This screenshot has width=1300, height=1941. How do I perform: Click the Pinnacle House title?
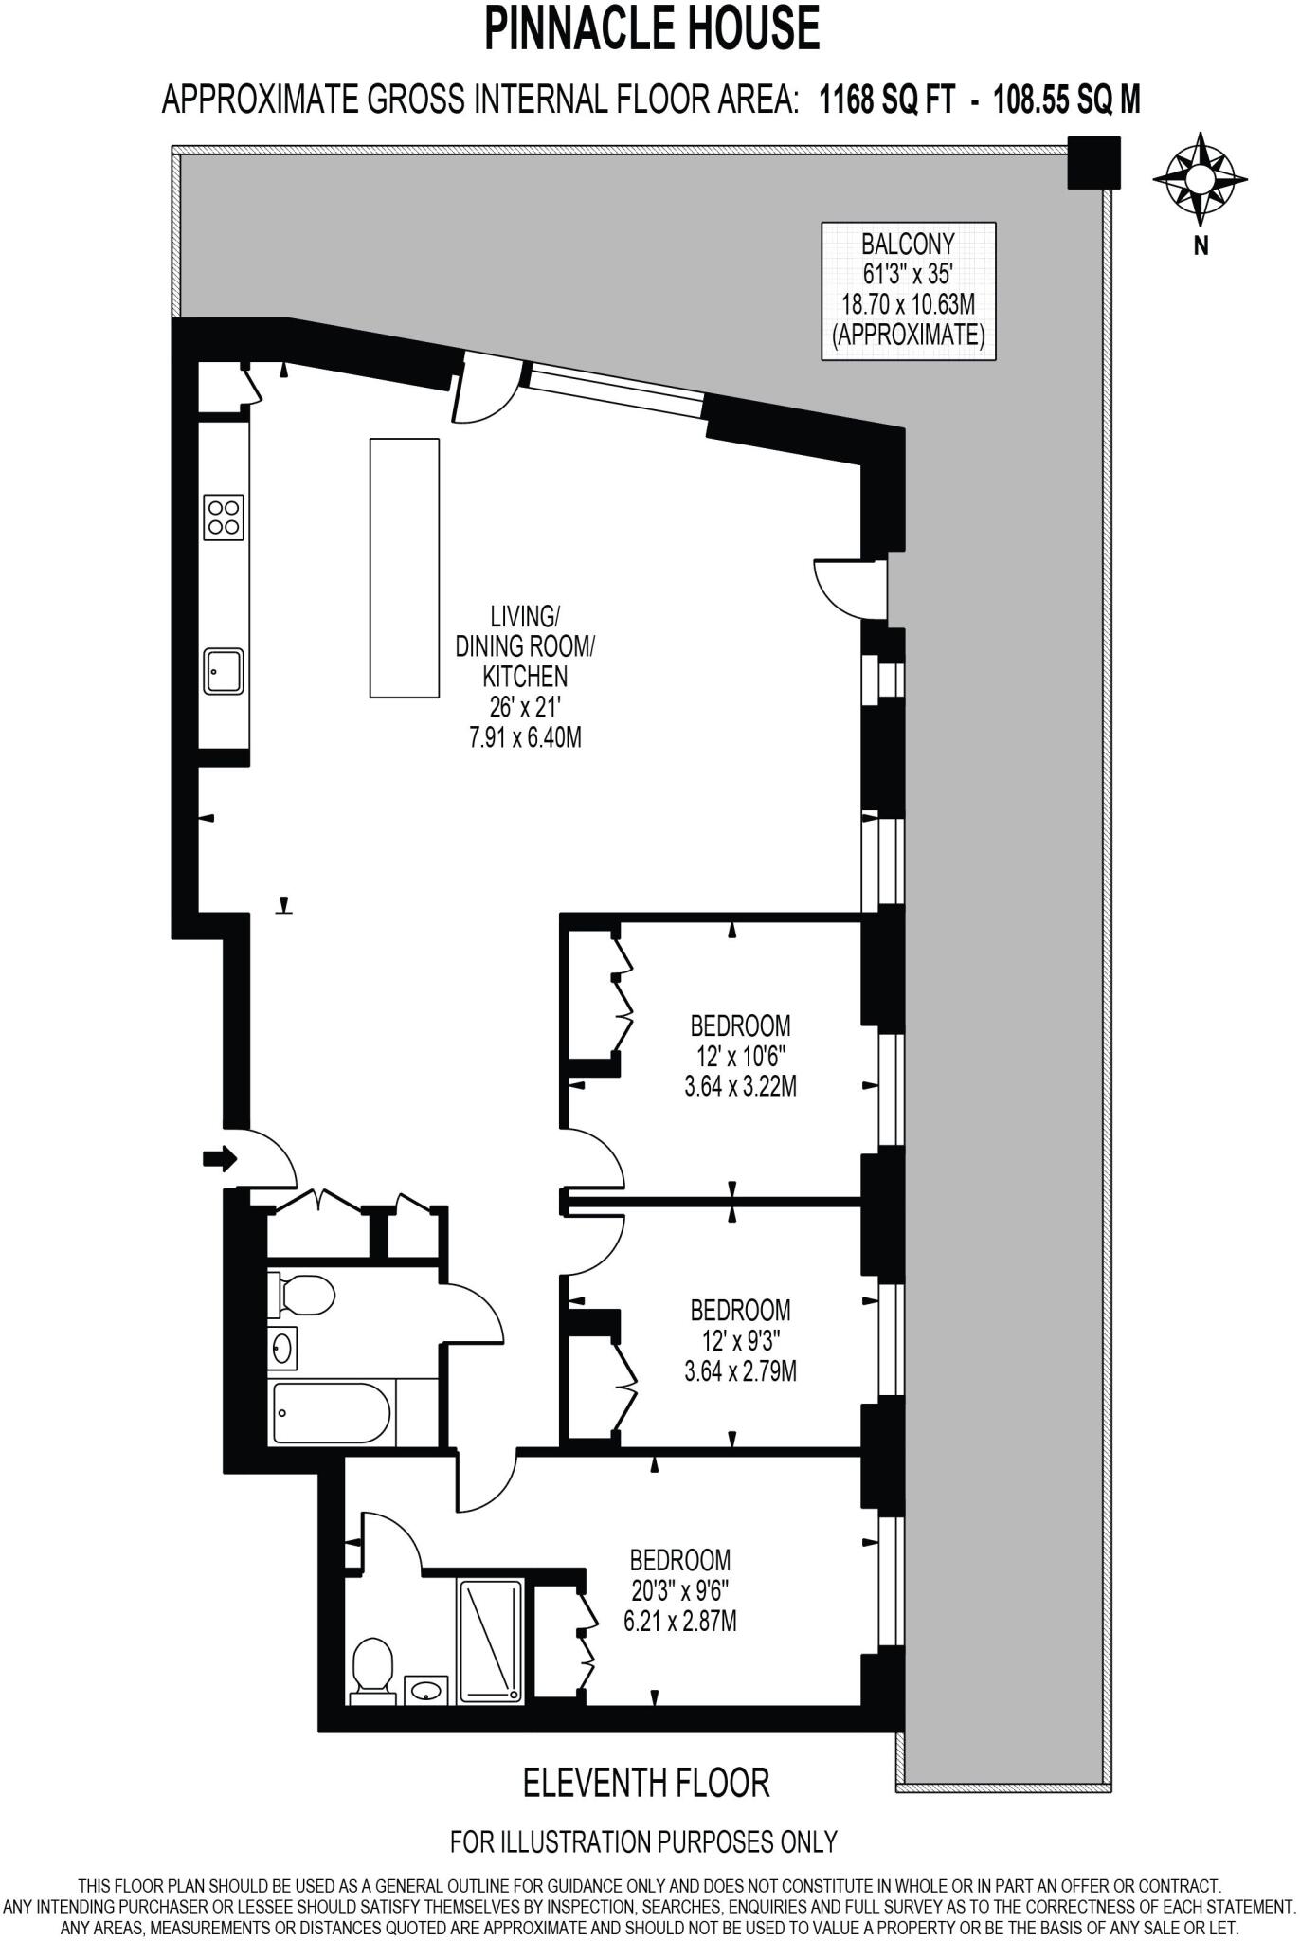click(651, 28)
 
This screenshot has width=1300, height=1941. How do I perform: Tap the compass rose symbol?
click(1200, 177)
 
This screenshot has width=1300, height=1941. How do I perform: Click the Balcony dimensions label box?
click(908, 291)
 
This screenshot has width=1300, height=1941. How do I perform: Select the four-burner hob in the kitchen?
click(224, 517)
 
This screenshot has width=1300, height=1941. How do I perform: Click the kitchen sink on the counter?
click(224, 671)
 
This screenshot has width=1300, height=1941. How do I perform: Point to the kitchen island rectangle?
click(404, 568)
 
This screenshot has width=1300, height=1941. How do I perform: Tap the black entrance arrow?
click(219, 1158)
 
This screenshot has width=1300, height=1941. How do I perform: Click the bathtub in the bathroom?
click(331, 1413)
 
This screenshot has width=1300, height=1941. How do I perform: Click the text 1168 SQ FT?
click(887, 99)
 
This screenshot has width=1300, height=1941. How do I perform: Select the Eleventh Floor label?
click(646, 1784)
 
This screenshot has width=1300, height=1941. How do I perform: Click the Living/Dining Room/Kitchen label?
click(525, 676)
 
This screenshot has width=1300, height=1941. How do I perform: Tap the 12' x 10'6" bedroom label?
click(740, 1056)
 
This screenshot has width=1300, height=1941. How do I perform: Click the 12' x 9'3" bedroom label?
click(740, 1340)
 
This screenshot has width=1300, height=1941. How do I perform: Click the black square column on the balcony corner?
click(1093, 162)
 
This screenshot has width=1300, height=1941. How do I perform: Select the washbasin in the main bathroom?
click(282, 1347)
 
